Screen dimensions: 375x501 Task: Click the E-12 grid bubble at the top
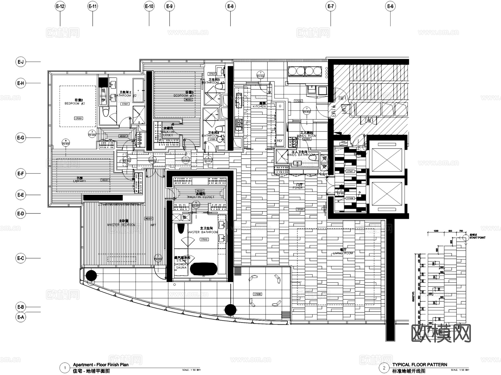60,6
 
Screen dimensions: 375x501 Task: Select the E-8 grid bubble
230,6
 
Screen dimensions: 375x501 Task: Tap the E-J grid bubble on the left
21,62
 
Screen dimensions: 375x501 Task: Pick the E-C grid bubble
21,258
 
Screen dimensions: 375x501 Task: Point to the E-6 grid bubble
390,6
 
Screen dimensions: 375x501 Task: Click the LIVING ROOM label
343,253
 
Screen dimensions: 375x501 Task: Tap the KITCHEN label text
259,106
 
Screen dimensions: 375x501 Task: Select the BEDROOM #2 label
75,103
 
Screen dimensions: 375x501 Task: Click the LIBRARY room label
80,181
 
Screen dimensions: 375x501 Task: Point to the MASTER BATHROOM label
203,232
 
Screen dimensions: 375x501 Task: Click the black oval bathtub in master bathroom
203,269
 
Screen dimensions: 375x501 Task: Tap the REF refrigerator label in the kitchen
280,141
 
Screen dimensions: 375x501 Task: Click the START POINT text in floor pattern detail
478,238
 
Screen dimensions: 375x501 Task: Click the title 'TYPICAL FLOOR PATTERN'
420,364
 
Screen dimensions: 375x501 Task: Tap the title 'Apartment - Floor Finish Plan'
101,364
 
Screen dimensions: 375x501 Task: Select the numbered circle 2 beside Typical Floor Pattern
384,368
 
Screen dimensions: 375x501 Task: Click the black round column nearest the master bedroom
91,276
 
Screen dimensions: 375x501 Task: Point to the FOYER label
298,188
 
